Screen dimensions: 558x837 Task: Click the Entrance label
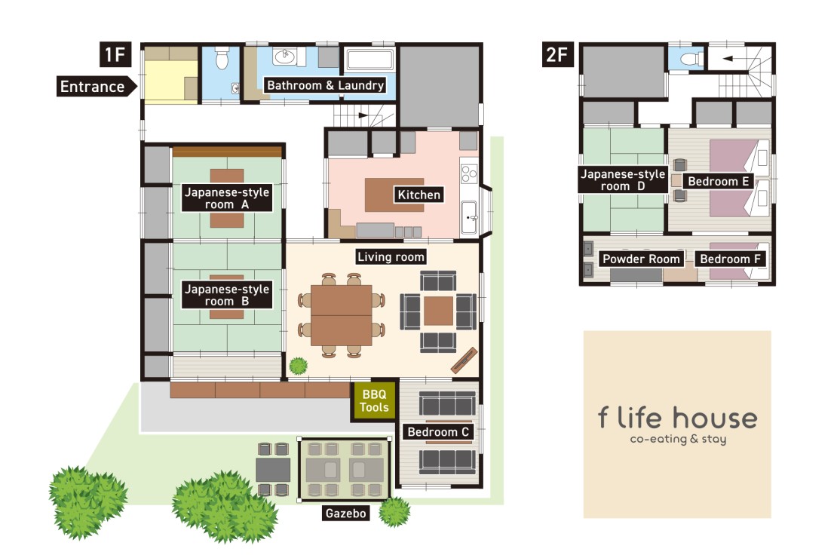click(93, 86)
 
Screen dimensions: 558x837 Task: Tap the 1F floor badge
click(115, 54)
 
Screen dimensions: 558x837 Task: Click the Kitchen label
click(418, 195)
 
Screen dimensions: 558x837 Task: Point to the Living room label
click(391, 256)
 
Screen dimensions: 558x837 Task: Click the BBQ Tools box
click(374, 401)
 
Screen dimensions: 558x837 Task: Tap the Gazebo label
click(345, 514)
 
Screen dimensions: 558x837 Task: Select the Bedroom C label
click(438, 432)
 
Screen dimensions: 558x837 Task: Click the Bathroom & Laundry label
click(326, 85)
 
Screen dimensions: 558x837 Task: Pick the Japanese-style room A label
click(226, 198)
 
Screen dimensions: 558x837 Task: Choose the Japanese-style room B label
click(226, 295)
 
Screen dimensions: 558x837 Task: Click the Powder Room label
click(641, 259)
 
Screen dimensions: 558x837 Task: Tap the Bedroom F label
click(732, 259)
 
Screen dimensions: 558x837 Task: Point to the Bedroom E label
click(718, 181)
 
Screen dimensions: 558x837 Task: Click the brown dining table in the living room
click(341, 315)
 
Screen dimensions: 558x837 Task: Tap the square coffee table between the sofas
click(437, 310)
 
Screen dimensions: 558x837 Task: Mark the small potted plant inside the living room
click(299, 366)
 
